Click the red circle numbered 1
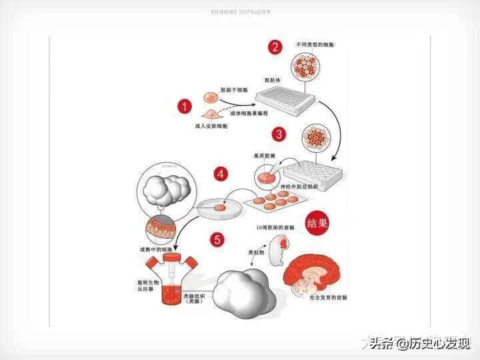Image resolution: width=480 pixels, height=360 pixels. [185, 105]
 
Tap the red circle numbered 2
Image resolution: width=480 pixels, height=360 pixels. [274, 47]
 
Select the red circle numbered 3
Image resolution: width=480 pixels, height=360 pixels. [279, 134]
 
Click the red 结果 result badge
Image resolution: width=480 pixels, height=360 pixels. [317, 222]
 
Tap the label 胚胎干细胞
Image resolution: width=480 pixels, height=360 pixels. [234, 89]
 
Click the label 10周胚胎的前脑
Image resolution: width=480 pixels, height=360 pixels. [275, 228]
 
